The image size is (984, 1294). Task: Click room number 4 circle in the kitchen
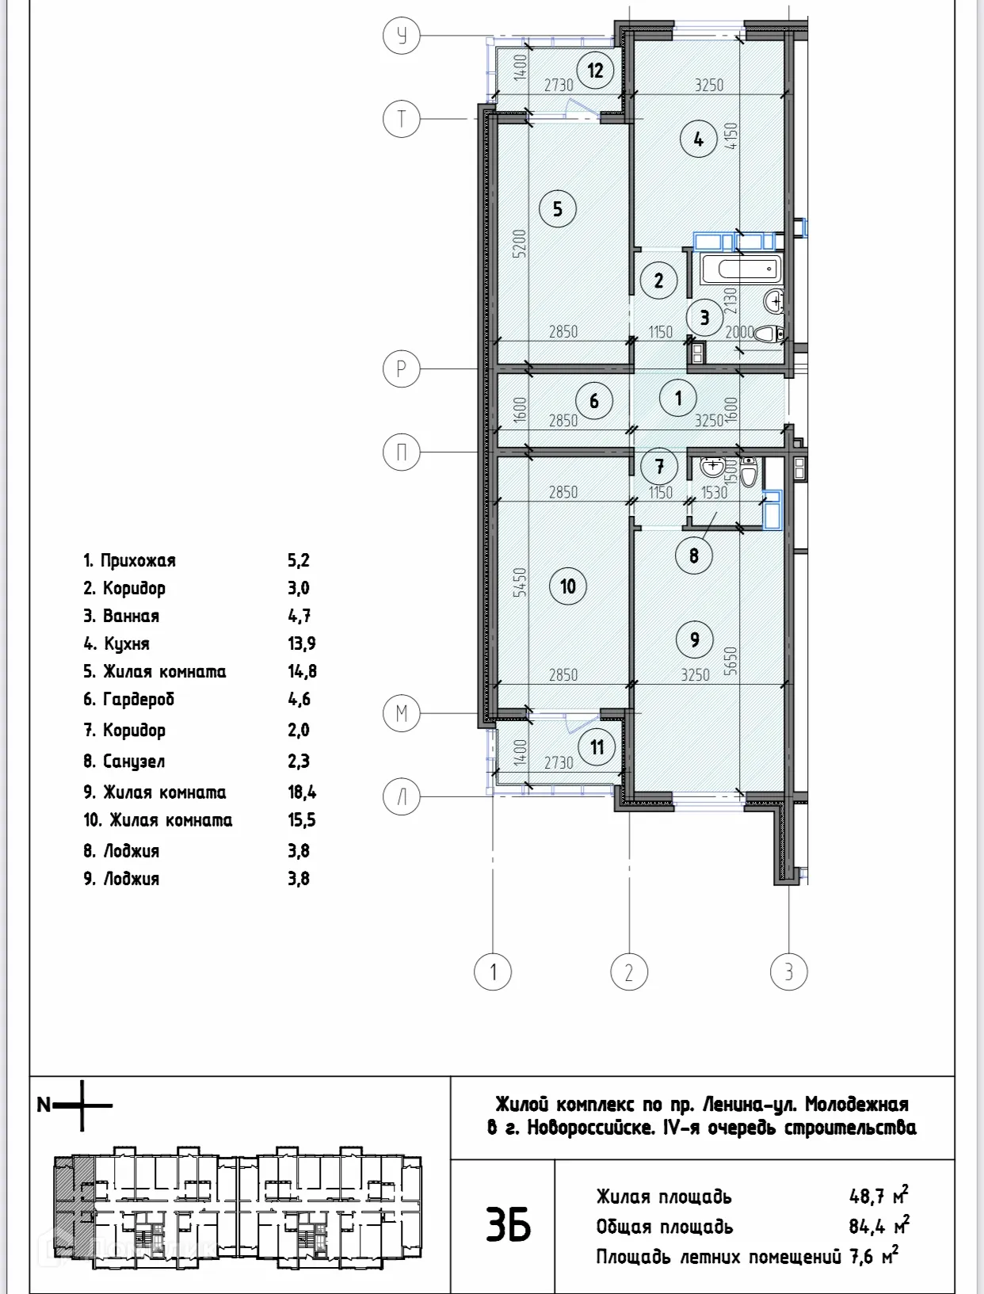click(x=698, y=139)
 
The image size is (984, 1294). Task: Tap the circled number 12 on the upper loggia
click(x=595, y=71)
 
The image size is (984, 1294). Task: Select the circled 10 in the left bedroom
click(x=568, y=586)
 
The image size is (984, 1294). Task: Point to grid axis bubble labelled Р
click(x=401, y=369)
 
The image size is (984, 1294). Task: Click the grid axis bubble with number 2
click(x=629, y=971)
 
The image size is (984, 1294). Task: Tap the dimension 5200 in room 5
click(x=519, y=244)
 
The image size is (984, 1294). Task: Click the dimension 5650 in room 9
click(x=730, y=662)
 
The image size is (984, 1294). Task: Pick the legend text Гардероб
click(x=139, y=699)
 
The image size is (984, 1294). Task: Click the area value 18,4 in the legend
click(x=302, y=792)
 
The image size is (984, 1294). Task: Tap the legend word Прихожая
click(x=138, y=560)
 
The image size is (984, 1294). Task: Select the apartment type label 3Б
click(x=508, y=1226)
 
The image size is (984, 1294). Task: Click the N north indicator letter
click(x=44, y=1105)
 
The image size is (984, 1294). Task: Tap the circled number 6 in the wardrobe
click(x=594, y=401)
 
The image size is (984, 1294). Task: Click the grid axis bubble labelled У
click(x=401, y=36)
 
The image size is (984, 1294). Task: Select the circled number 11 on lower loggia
click(x=597, y=747)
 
